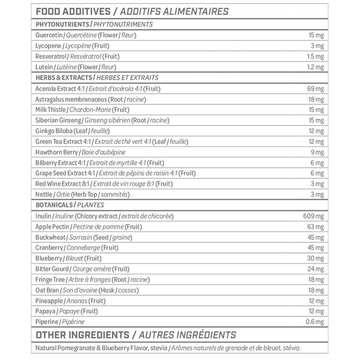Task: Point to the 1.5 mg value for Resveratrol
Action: coord(315,57)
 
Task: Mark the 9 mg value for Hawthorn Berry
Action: coord(317,152)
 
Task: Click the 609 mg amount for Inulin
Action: coord(314,216)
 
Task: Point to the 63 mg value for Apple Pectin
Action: coord(315,226)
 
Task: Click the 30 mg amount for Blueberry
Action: coord(315,258)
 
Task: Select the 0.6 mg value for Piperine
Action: coord(315,322)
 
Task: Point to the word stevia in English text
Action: coord(159,348)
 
